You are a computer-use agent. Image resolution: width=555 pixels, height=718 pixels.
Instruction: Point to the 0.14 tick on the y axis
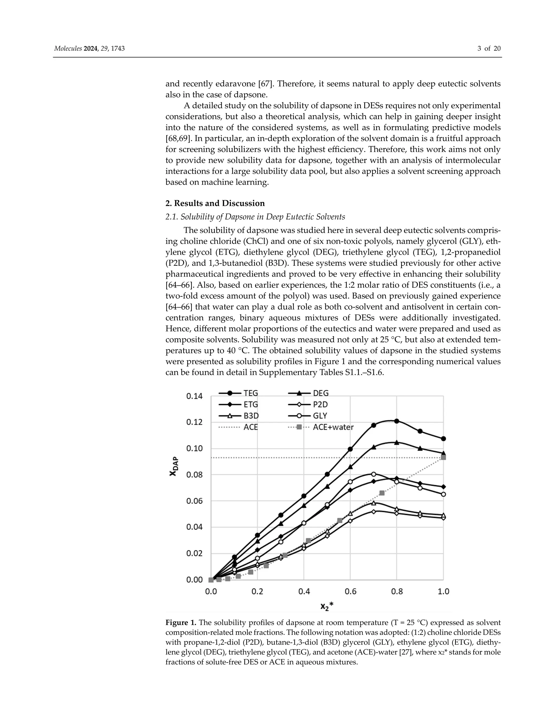(x=194, y=396)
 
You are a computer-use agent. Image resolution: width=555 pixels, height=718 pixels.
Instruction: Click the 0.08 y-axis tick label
(x=194, y=475)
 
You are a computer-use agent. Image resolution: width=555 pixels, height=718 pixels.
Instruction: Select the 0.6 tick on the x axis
(x=350, y=592)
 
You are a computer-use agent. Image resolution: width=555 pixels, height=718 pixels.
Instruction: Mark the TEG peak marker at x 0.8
(x=396, y=421)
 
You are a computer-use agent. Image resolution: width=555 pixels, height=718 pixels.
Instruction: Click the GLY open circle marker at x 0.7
(x=373, y=474)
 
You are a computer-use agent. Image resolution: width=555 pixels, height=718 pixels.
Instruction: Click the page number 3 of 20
(x=489, y=49)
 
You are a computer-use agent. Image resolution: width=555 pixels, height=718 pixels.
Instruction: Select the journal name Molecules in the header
(x=68, y=49)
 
